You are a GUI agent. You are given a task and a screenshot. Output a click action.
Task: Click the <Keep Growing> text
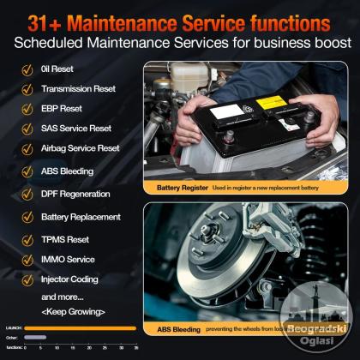click(x=72, y=310)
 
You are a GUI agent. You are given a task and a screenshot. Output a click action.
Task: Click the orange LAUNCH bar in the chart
click(x=81, y=327)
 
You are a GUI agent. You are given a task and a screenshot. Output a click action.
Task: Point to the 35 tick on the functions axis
click(x=136, y=346)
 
